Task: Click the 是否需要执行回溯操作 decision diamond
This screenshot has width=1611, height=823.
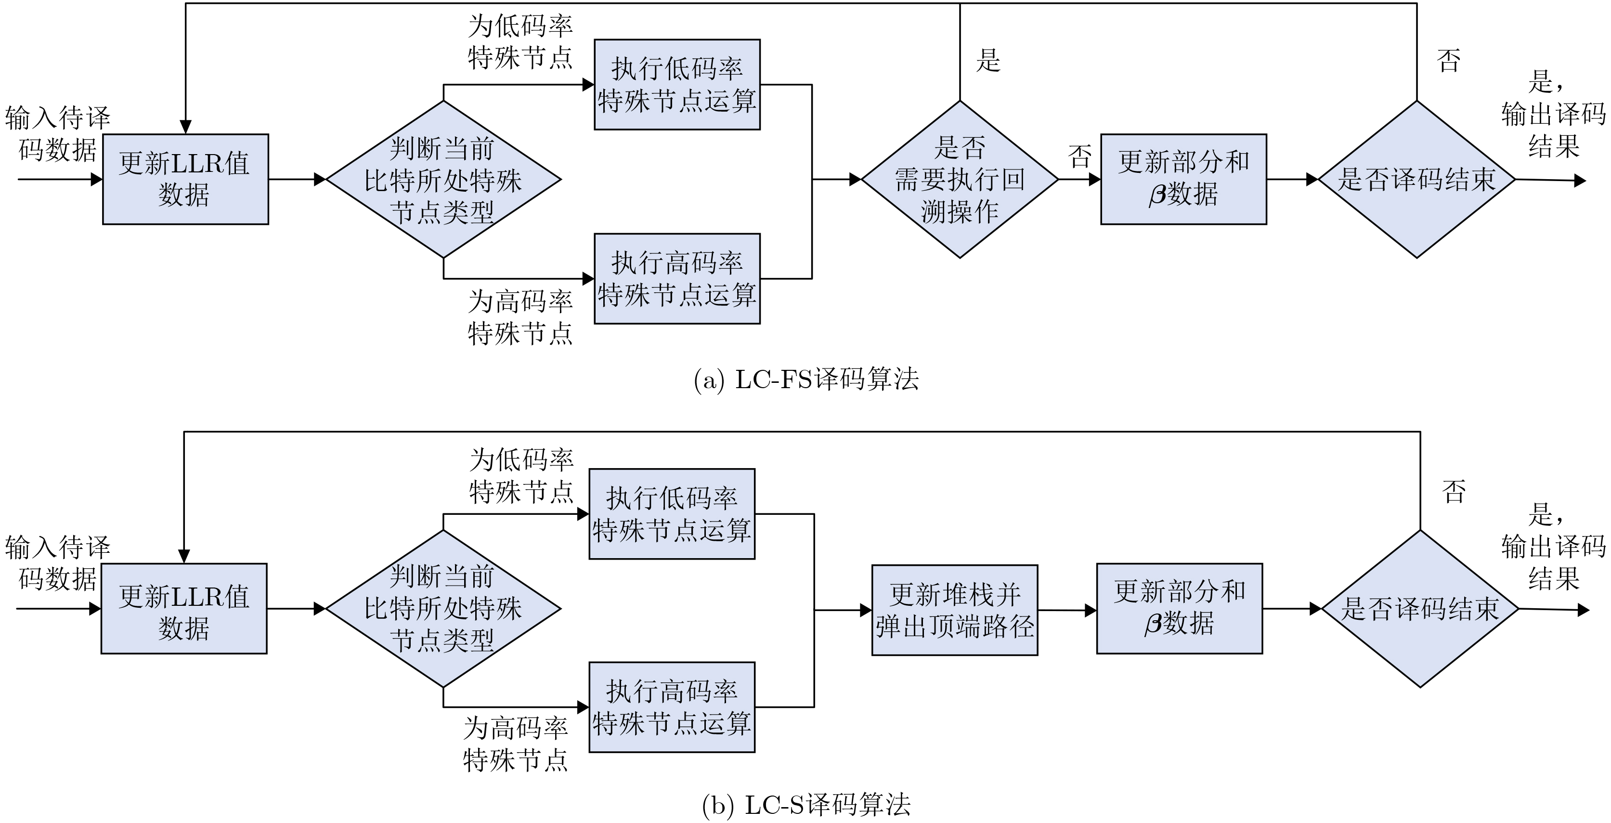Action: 960,180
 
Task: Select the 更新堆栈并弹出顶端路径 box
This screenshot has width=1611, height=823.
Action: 954,610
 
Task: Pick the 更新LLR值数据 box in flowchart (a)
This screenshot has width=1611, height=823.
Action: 185,179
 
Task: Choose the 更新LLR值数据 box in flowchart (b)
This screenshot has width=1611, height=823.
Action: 184,609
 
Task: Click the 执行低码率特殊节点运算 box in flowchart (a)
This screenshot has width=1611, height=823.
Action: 676,84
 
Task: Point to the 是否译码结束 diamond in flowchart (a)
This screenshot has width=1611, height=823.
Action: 1416,180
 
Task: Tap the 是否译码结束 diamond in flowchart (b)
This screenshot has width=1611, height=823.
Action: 1420,609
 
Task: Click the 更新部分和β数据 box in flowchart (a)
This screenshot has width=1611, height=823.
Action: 1183,179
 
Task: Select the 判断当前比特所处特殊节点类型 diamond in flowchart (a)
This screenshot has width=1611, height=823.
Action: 443,180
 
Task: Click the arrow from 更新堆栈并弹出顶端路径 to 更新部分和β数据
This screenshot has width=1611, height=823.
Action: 1067,610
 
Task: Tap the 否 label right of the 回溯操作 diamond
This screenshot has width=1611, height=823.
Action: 1079,157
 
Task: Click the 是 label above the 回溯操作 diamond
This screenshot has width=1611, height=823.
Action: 988,61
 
